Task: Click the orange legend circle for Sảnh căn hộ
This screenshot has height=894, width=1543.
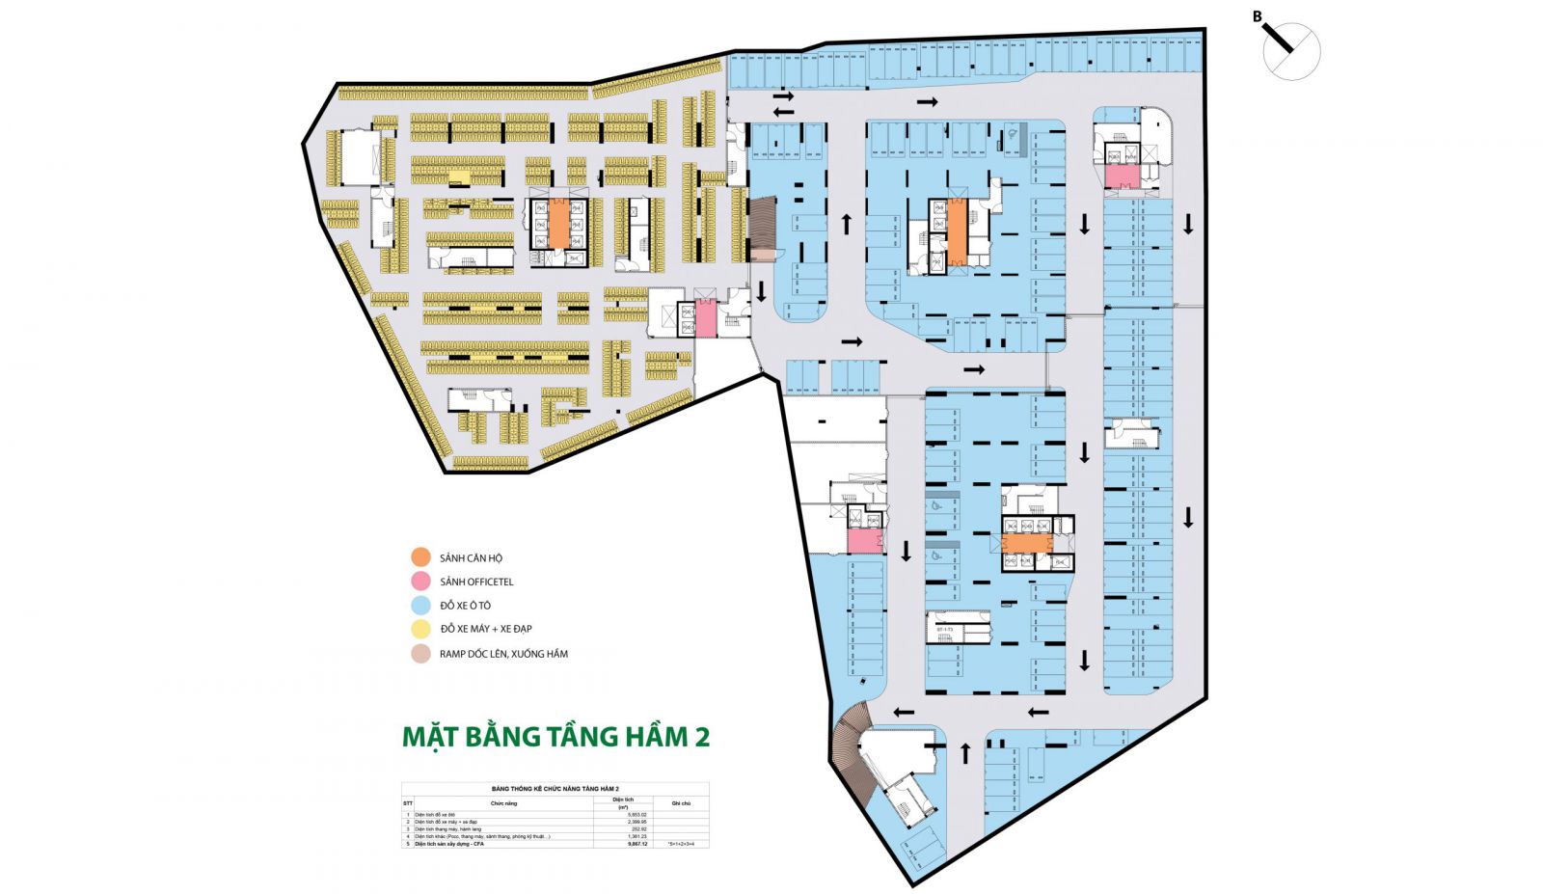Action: (420, 557)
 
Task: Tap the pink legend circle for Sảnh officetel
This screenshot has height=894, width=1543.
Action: (420, 582)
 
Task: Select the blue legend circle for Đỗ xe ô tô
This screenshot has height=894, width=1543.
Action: (420, 606)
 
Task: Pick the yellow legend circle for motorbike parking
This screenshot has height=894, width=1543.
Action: (420, 629)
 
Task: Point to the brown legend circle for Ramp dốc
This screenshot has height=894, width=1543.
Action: (420, 654)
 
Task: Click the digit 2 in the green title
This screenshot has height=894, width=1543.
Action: (701, 736)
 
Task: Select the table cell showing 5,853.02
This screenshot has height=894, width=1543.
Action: (636, 815)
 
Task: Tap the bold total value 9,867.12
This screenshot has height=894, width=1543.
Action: (636, 844)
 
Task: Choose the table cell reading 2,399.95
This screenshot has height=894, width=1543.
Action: (636, 822)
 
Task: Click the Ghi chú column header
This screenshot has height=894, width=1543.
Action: (681, 803)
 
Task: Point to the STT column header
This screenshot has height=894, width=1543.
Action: (407, 803)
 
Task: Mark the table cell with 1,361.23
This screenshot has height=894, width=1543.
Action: (636, 836)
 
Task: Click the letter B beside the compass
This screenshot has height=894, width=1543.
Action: (1257, 16)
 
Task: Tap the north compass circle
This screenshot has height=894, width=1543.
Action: (1292, 51)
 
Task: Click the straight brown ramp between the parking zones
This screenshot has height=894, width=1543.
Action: (762, 230)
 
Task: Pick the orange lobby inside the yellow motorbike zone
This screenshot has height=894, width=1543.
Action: (558, 225)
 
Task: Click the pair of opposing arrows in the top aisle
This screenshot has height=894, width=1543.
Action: (783, 103)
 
